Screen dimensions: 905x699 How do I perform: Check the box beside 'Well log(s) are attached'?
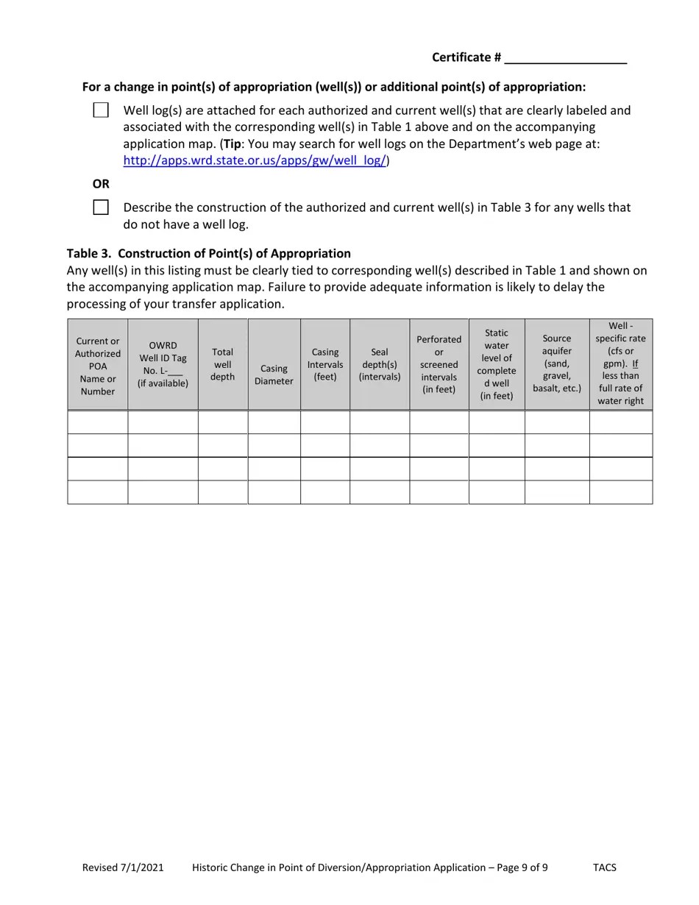[101, 110]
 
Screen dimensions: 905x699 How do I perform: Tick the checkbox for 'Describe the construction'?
[101, 207]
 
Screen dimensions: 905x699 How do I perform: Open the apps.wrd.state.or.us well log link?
[255, 160]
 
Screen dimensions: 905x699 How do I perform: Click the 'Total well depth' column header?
[222, 365]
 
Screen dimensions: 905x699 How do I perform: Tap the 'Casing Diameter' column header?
[274, 375]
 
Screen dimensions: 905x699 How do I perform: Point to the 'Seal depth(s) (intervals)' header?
[380, 365]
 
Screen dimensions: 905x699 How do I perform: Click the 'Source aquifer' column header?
[556, 363]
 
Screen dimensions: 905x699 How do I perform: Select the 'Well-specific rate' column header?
[620, 363]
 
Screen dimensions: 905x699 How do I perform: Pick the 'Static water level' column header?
[497, 364]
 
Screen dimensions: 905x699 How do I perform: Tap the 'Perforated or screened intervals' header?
[439, 364]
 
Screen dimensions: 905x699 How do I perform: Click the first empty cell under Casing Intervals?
[324, 422]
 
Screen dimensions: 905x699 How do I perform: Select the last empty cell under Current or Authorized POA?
[98, 492]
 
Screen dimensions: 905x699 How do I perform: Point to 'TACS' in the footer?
[605, 867]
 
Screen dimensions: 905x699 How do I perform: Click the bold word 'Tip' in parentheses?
[233, 143]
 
